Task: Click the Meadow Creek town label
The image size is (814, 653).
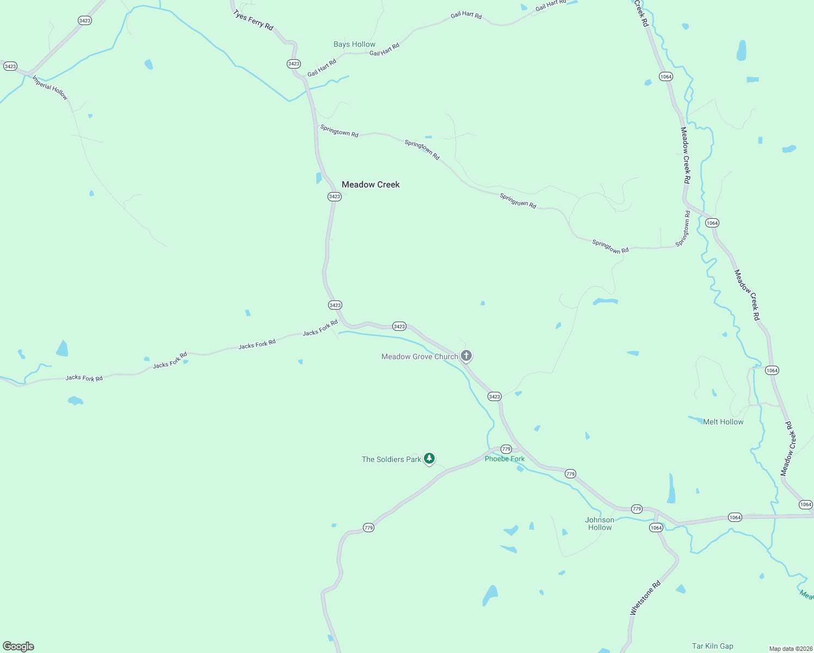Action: pyautogui.click(x=371, y=184)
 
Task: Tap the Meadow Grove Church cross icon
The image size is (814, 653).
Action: pyautogui.click(x=466, y=356)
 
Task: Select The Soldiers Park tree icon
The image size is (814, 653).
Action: pyautogui.click(x=429, y=459)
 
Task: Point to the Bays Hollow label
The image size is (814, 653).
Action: pyautogui.click(x=354, y=44)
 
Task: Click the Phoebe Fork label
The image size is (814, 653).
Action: pyautogui.click(x=504, y=459)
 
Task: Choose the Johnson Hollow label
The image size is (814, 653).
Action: pyautogui.click(x=600, y=523)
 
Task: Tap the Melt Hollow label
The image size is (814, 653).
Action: pyautogui.click(x=723, y=422)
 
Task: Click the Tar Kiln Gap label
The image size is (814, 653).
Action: pyautogui.click(x=712, y=646)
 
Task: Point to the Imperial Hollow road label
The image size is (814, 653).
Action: pyautogui.click(x=50, y=88)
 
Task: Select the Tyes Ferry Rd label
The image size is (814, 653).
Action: pyautogui.click(x=253, y=20)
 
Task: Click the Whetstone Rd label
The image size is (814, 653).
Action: pyautogui.click(x=645, y=598)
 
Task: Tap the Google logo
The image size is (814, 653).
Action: pyautogui.click(x=18, y=646)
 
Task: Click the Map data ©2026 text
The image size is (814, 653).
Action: pyautogui.click(x=791, y=649)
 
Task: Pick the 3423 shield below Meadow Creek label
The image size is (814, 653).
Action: pyautogui.click(x=335, y=196)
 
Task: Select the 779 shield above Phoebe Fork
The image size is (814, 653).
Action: pyautogui.click(x=506, y=449)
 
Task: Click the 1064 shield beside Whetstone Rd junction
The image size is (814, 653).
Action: pyautogui.click(x=656, y=528)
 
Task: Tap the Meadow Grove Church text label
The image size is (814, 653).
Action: pyautogui.click(x=420, y=356)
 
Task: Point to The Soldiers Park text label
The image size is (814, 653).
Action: pyautogui.click(x=391, y=459)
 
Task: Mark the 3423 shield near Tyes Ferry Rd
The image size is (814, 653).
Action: pyautogui.click(x=294, y=64)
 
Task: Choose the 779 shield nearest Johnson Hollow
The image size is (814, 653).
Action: pyautogui.click(x=637, y=509)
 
